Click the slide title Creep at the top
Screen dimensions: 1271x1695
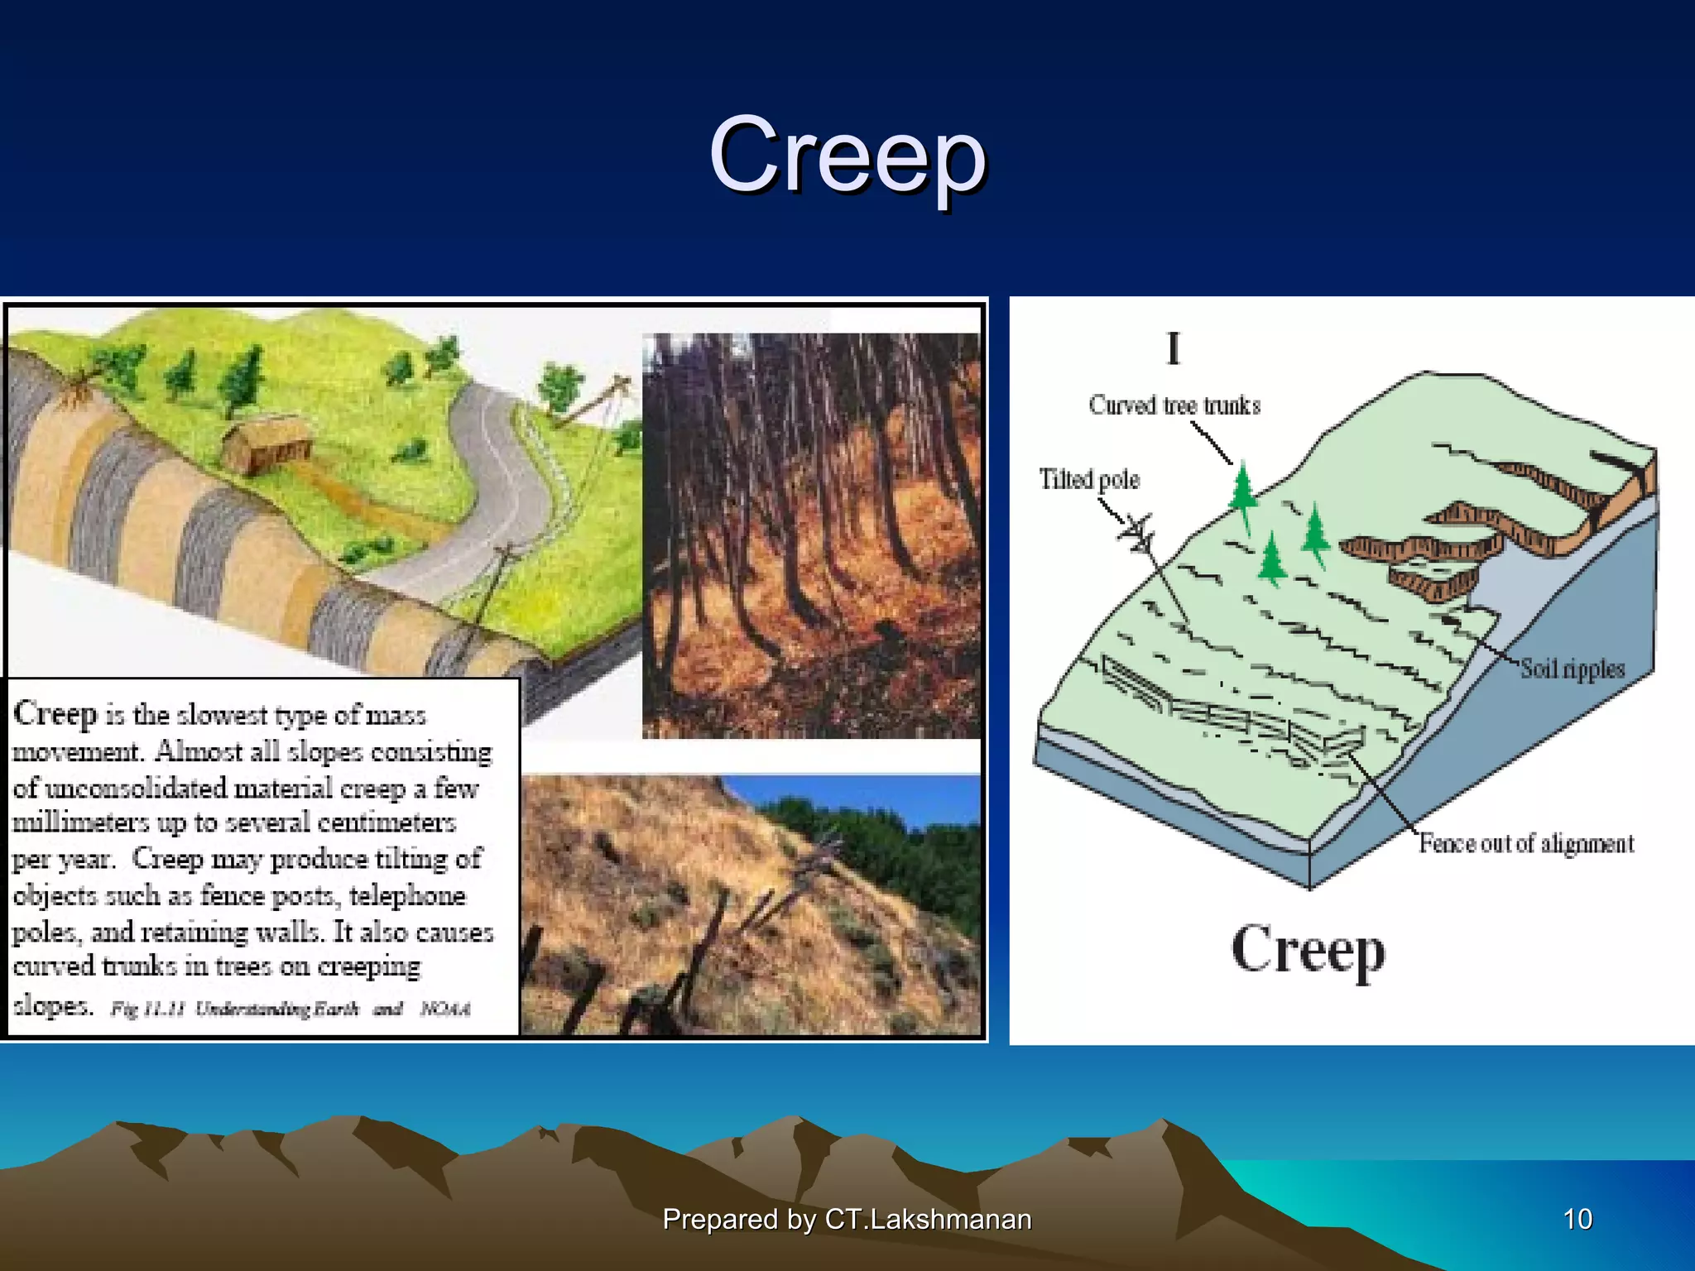[x=847, y=155]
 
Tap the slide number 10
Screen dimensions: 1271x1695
[x=1577, y=1219]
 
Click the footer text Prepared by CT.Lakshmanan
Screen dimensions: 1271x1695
[x=847, y=1219]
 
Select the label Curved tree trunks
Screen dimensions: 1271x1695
[x=1174, y=405]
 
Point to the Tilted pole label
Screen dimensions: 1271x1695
[x=1089, y=479]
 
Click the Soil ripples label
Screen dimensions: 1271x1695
[x=1573, y=669]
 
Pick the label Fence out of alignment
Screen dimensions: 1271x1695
[x=1526, y=843]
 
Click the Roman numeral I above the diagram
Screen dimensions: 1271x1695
[x=1173, y=348]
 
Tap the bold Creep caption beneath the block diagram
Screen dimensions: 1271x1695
[x=1308, y=951]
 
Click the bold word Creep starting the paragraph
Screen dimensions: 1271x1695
[x=55, y=714]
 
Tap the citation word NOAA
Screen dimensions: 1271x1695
[x=444, y=1009]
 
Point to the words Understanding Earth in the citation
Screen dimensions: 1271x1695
[x=276, y=1009]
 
